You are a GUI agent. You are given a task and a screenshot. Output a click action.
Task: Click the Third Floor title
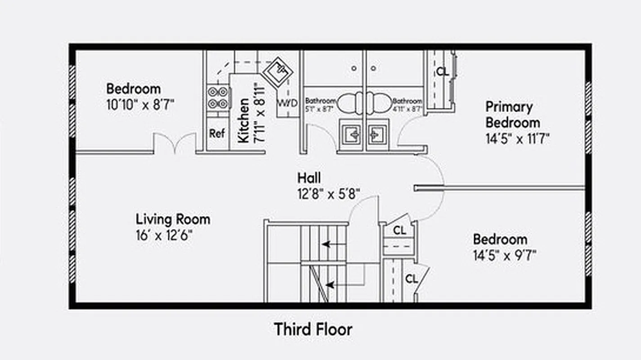pos(313,329)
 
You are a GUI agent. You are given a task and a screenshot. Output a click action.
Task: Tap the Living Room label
pos(173,220)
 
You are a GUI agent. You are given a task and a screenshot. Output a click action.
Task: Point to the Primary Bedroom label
pos(512,115)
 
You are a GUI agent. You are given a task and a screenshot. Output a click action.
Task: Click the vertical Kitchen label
pos(243,121)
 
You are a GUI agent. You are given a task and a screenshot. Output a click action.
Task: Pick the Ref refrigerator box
pos(217,134)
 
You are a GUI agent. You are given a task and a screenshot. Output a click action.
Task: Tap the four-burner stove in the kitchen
pos(218,98)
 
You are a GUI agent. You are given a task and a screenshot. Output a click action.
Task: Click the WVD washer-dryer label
pos(287,103)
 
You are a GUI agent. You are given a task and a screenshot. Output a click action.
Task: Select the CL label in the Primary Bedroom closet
pos(442,72)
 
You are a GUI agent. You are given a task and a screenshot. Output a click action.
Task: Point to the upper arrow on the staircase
pos(333,244)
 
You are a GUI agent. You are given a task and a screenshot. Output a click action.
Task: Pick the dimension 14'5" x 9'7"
pos(504,256)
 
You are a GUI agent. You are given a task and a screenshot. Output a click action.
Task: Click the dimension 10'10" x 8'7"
pos(140,104)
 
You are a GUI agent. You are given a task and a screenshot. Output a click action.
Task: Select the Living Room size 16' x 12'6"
pos(164,235)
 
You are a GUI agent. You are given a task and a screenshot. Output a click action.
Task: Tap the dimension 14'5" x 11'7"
pos(517,138)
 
